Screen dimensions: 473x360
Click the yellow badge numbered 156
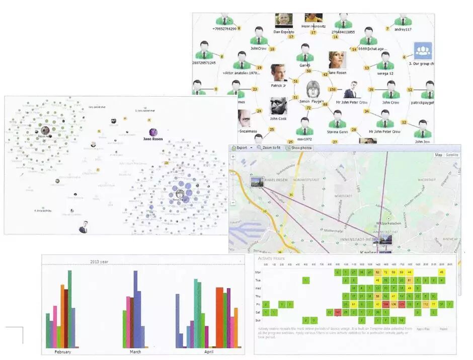coord(332,89)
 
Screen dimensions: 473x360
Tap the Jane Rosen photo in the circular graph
coord(337,60)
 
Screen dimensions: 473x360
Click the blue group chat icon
coord(423,51)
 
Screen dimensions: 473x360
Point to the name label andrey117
coord(403,29)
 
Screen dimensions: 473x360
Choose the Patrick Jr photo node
coord(278,73)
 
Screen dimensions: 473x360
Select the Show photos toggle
coord(300,148)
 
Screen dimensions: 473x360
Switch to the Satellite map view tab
coord(451,155)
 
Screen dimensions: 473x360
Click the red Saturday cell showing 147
coord(338,312)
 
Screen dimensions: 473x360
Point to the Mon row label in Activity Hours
coord(258,272)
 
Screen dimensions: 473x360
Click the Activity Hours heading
coord(271,258)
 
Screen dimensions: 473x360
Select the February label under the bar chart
coord(62,351)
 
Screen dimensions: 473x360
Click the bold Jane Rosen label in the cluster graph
coord(153,138)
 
